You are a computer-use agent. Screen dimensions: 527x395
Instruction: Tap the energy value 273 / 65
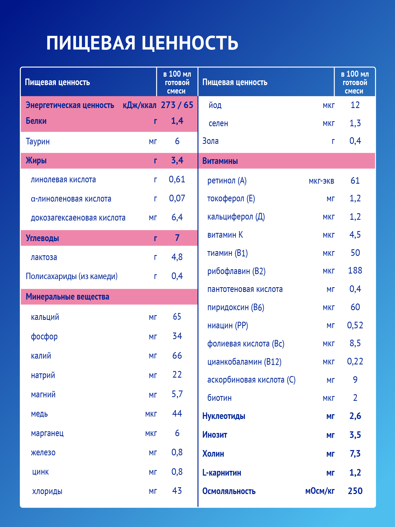click(177, 105)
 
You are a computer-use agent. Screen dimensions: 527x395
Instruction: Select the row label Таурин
click(38, 141)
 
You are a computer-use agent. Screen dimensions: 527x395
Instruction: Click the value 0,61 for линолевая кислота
click(177, 179)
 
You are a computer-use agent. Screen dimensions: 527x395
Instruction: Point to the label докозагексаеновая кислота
click(78, 218)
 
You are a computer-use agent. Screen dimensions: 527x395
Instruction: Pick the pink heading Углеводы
click(42, 238)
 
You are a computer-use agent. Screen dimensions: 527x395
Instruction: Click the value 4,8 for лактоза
click(177, 257)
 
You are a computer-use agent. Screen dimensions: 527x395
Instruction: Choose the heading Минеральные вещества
click(67, 297)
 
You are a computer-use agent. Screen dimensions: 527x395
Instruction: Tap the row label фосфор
click(44, 336)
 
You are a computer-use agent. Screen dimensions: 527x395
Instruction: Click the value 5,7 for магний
click(177, 394)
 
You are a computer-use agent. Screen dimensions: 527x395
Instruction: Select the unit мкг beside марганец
click(151, 433)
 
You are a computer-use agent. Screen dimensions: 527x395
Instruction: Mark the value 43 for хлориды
click(177, 491)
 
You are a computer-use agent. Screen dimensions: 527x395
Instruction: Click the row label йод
click(215, 105)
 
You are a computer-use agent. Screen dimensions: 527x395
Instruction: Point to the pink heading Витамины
click(220, 161)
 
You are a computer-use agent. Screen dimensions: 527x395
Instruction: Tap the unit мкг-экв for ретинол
click(321, 181)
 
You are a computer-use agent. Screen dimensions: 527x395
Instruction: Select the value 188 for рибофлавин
click(355, 271)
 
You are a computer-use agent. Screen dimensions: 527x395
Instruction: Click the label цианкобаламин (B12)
click(244, 362)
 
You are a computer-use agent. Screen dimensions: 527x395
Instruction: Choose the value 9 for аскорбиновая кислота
click(355, 380)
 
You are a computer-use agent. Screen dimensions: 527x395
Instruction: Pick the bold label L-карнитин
click(221, 473)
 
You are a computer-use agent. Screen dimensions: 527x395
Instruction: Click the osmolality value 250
click(355, 491)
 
